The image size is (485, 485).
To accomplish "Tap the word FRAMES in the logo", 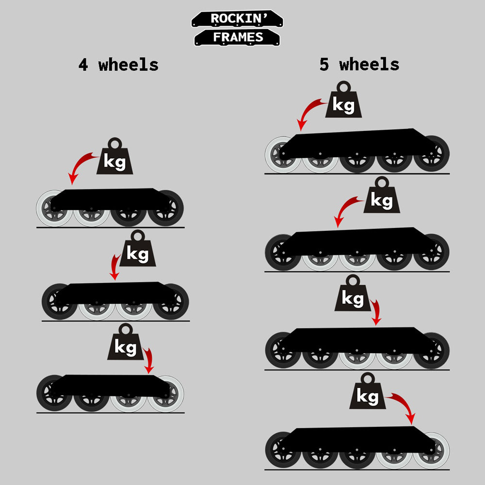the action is pyautogui.click(x=238, y=37).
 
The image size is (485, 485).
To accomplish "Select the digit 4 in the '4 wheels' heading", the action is pyautogui.click(x=83, y=65).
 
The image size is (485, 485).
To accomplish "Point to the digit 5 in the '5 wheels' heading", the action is pyautogui.click(x=324, y=65).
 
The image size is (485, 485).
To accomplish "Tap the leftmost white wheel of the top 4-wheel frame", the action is pyautogui.click(x=54, y=208).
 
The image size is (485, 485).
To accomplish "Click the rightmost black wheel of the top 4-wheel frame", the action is pyautogui.click(x=165, y=208).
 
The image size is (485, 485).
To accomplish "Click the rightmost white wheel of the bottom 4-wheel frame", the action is pyautogui.click(x=165, y=394).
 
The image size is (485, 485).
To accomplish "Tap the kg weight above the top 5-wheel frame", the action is pyautogui.click(x=344, y=99).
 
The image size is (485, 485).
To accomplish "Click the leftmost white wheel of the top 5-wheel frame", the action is pyautogui.click(x=283, y=155).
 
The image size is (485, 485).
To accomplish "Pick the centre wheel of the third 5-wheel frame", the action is pyautogui.click(x=357, y=351).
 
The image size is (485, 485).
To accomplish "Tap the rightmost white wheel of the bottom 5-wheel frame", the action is pyautogui.click(x=432, y=451).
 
